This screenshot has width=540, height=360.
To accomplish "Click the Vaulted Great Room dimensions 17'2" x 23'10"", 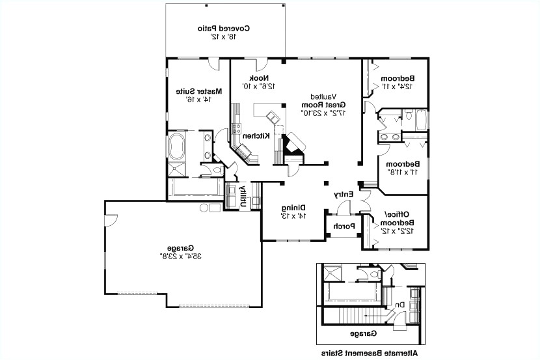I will point(323,113).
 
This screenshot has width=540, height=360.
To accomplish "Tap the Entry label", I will point(343,194).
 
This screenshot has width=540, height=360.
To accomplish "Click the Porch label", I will point(344,227).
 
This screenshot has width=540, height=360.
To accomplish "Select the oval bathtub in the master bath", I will point(177,147).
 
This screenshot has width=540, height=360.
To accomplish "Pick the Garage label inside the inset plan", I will point(369,333).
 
